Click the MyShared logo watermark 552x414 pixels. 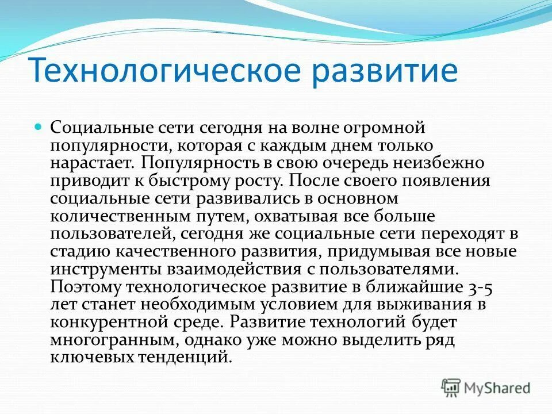point(486,387)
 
